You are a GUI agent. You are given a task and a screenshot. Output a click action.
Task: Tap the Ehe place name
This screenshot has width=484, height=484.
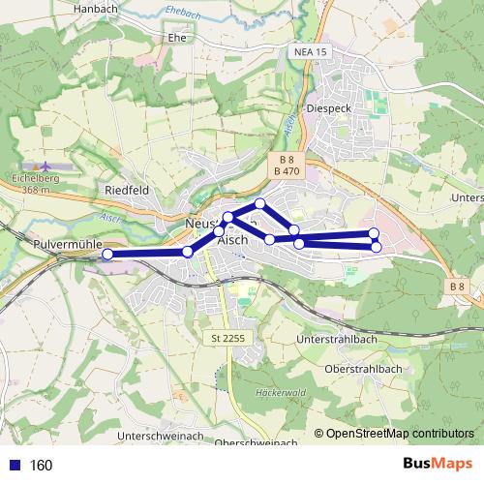point(177,38)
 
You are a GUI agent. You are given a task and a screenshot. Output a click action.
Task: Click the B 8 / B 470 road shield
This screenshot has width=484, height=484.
point(286,165)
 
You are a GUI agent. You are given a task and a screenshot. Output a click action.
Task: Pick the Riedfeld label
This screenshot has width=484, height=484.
point(127,190)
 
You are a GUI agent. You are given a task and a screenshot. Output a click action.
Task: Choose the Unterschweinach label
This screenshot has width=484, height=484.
point(159,438)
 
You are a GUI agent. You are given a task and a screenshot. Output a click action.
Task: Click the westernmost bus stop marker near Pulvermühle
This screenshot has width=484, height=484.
point(107,254)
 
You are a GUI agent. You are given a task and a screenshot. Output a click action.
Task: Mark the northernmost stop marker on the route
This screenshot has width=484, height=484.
point(260,202)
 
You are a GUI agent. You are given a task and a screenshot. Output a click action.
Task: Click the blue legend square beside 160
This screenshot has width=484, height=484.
point(12,465)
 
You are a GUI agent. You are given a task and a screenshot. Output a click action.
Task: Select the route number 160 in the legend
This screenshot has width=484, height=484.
point(42,465)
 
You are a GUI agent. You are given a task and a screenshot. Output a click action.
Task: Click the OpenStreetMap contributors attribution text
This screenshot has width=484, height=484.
point(400,434)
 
